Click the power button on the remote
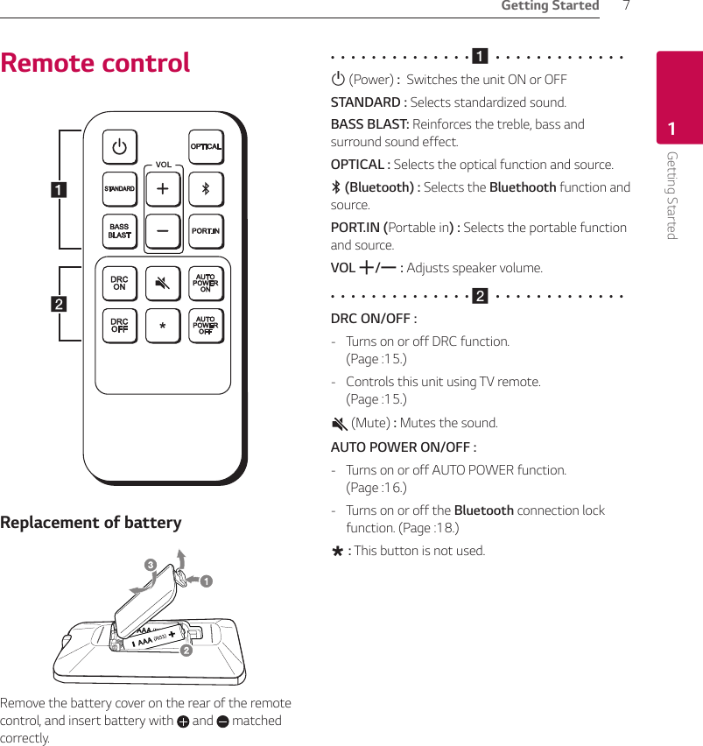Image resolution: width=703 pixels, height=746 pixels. pyautogui.click(x=119, y=146)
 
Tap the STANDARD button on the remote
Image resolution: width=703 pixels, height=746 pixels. pyautogui.click(x=119, y=189)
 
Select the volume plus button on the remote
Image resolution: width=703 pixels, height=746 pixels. pyautogui.click(x=163, y=189)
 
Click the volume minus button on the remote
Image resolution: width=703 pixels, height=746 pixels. pyautogui.click(x=163, y=232)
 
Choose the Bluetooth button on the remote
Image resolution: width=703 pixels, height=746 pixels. pyautogui.click(x=207, y=189)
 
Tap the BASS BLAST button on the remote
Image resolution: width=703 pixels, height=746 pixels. pyautogui.click(x=119, y=232)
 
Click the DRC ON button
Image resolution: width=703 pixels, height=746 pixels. pyautogui.click(x=119, y=283)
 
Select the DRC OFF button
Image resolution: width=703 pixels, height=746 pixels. pyautogui.click(x=119, y=326)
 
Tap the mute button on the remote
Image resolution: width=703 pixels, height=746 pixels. pyautogui.click(x=163, y=283)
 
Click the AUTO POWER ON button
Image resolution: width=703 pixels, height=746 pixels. pyautogui.click(x=207, y=283)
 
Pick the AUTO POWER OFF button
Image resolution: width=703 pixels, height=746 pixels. pyautogui.click(x=207, y=326)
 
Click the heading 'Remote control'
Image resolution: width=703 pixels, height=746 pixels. pyautogui.click(x=95, y=63)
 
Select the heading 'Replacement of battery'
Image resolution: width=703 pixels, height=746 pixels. pyautogui.click(x=91, y=523)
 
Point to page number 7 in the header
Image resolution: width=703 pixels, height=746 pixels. pyautogui.click(x=626, y=7)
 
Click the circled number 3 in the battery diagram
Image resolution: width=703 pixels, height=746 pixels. pyautogui.click(x=151, y=566)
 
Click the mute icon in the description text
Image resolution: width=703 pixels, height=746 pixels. pyautogui.click(x=339, y=424)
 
